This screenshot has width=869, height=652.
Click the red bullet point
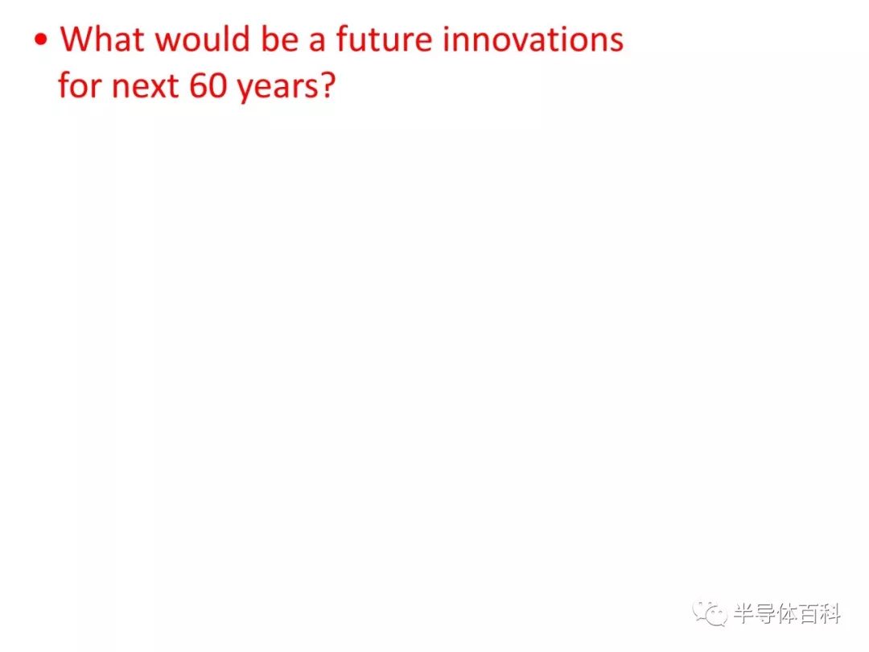41,39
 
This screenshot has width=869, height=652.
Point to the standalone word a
317,42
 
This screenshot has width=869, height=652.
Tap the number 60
208,86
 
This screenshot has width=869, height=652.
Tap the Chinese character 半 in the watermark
744,613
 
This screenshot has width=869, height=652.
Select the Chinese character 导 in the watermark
766,613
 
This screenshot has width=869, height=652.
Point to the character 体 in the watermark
788,613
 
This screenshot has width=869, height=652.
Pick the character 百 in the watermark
809,613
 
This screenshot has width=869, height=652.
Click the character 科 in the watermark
830,613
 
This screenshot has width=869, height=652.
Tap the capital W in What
77,39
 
